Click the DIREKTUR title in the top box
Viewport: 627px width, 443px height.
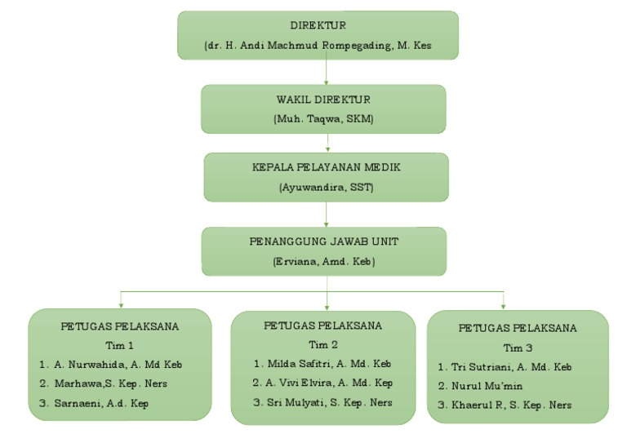tap(318, 26)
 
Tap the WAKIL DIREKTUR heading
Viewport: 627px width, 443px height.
tap(323, 100)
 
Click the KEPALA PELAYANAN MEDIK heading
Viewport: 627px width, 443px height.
tap(326, 168)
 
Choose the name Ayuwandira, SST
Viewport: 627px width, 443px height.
tap(326, 187)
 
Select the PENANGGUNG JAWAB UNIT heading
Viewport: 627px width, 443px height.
tap(324, 242)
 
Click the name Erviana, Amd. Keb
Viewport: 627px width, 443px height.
tap(324, 262)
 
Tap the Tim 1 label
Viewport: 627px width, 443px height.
tap(119, 345)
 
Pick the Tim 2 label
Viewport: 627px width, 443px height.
tap(322, 343)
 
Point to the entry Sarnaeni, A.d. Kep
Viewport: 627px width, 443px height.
tap(106, 403)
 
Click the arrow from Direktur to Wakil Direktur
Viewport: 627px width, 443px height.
tap(326, 73)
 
